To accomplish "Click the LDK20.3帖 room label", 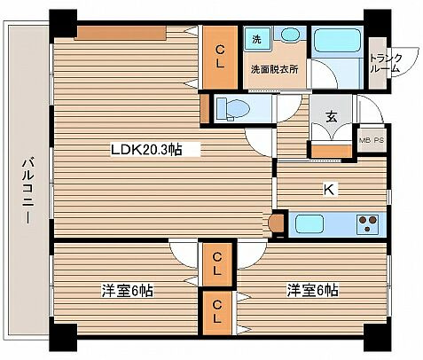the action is click(146, 150).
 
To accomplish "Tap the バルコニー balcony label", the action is click(28, 192).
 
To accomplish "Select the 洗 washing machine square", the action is click(257, 39).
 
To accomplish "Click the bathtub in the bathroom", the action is click(337, 40).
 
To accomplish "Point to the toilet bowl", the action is click(233, 108).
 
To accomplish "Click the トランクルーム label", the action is click(386, 63).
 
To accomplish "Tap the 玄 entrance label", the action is click(332, 117).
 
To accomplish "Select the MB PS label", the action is click(372, 140).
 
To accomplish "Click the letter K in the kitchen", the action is click(329, 189).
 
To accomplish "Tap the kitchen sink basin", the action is click(309, 224).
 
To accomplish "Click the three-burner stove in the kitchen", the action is click(367, 224).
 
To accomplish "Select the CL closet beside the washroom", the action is click(220, 58).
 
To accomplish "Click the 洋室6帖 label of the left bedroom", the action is click(128, 291).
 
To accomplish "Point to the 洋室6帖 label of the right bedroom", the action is click(312, 290).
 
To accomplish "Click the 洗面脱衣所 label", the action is click(275, 69).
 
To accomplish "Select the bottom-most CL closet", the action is click(217, 312).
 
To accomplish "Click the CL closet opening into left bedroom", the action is click(217, 264).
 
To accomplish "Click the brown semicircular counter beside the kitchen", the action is click(277, 223).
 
